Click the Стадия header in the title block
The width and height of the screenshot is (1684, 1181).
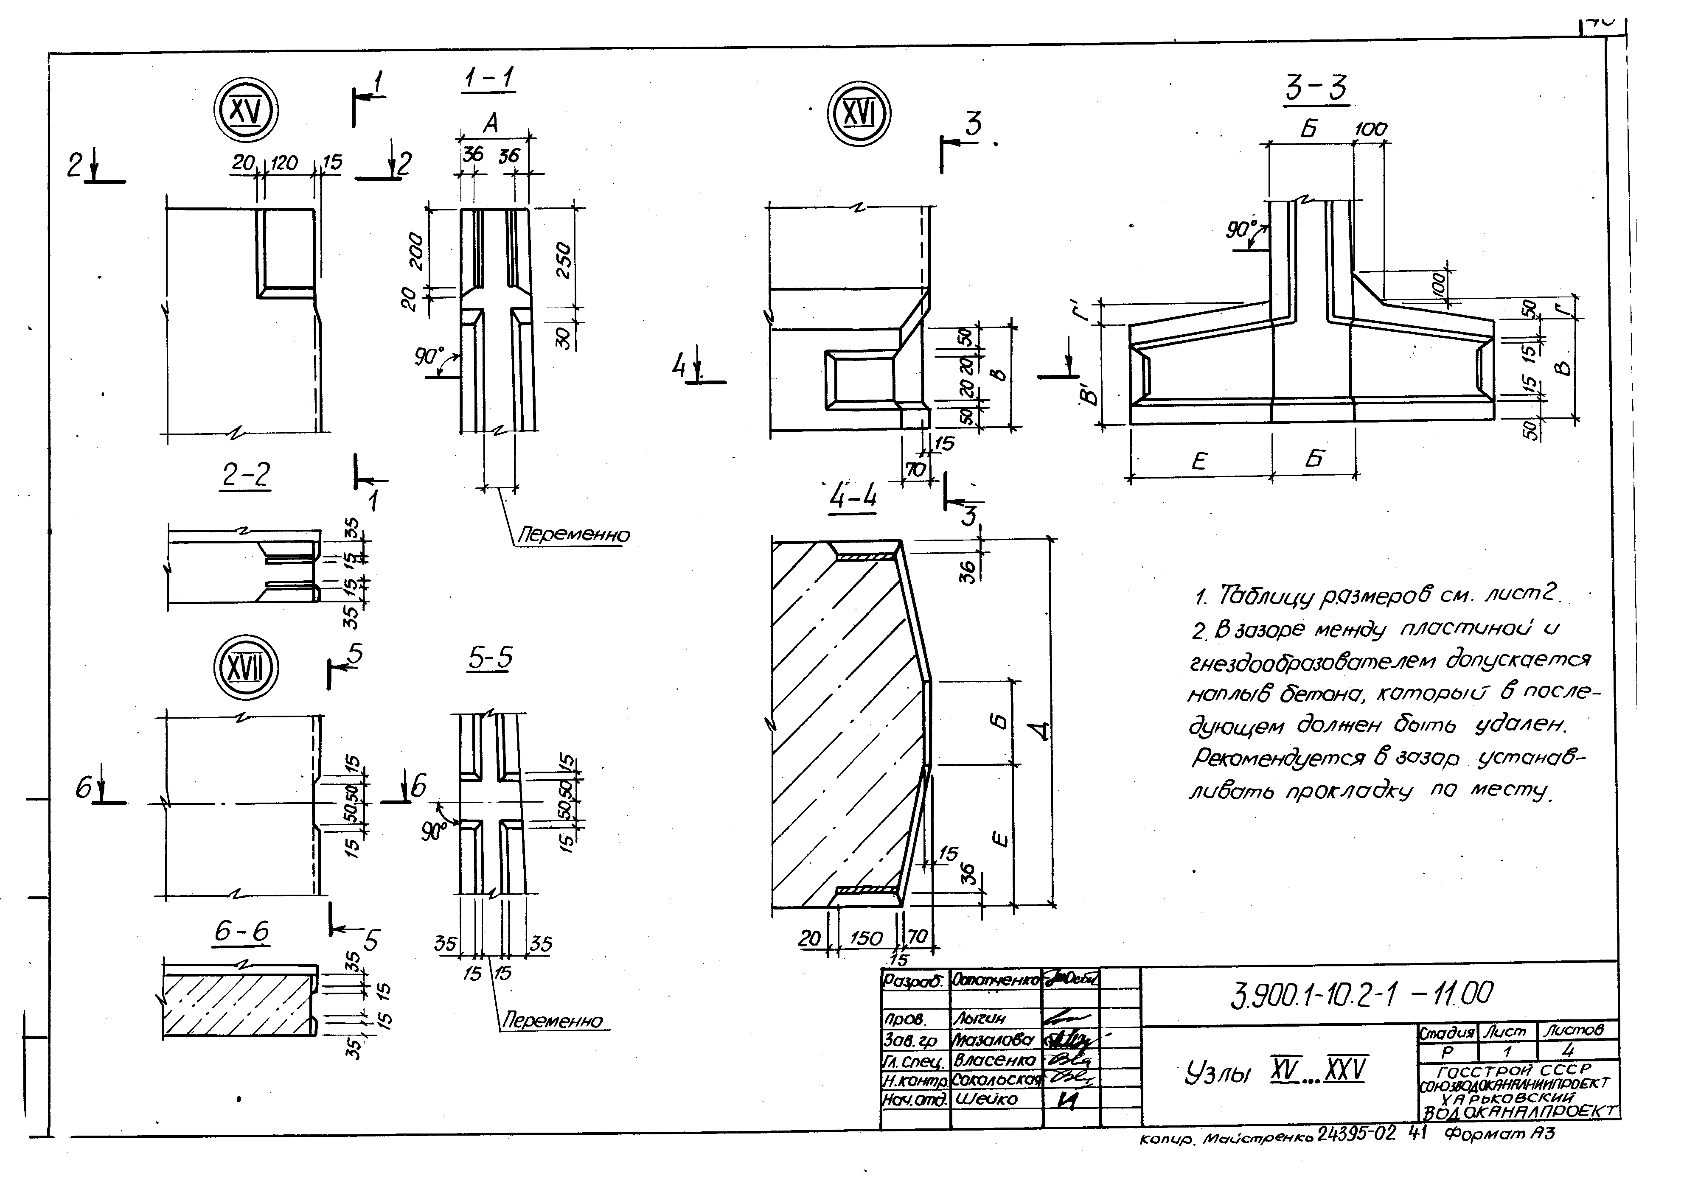[1446, 1032]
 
